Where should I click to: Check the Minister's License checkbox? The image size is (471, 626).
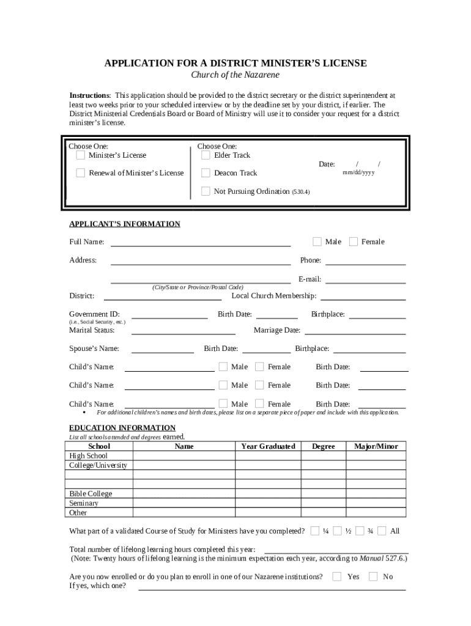point(81,155)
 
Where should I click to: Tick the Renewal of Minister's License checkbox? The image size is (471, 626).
point(81,173)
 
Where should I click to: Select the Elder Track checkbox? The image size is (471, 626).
point(206,155)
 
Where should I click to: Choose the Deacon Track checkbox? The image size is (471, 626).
point(206,173)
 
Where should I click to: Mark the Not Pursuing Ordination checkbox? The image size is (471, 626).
point(206,191)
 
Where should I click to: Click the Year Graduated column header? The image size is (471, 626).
point(268,446)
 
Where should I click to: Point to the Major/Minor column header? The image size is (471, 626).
point(376,446)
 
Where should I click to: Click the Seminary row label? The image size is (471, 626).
point(84,503)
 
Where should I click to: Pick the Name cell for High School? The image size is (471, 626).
point(184,456)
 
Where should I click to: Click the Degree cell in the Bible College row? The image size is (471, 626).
point(323,494)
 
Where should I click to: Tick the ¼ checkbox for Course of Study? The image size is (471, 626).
point(315,531)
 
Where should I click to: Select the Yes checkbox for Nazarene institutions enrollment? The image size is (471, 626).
point(337,576)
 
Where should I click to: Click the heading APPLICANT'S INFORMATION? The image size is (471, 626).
point(125,224)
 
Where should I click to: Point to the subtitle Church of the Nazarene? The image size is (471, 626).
point(236,75)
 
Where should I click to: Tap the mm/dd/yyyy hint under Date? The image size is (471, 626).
point(358,172)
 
